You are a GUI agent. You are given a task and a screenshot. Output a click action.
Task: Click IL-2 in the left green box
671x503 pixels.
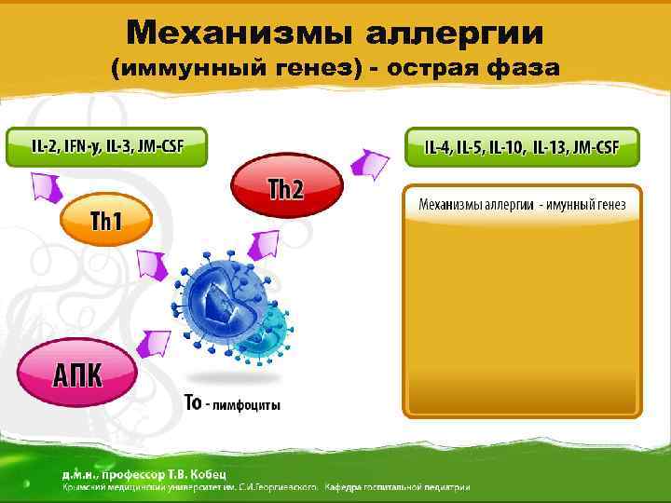tap(43, 146)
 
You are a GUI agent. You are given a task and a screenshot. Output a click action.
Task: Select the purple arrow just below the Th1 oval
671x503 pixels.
tap(148, 266)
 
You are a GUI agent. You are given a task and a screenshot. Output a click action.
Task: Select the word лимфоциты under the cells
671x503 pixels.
tap(248, 404)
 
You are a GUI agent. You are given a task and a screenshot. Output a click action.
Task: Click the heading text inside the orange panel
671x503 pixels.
tap(522, 203)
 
